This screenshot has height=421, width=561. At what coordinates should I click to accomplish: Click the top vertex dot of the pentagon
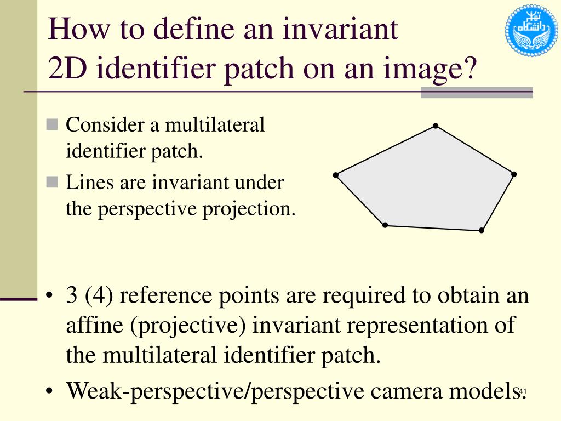point(436,126)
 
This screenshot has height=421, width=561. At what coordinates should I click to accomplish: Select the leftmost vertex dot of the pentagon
point(336,175)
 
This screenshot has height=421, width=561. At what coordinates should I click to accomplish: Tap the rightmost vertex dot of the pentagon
point(514,174)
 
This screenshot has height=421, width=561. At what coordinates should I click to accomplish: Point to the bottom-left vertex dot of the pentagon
point(385,225)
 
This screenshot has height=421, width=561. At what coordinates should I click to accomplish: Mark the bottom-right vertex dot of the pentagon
point(482,230)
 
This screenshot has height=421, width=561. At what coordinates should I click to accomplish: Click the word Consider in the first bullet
point(105,125)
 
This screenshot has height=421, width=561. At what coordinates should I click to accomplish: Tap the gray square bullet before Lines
point(52,182)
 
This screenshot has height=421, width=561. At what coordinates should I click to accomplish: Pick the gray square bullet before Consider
point(52,125)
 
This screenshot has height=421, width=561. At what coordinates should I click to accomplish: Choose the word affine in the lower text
point(94,326)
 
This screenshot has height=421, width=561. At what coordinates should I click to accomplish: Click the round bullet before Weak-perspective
point(50,392)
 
